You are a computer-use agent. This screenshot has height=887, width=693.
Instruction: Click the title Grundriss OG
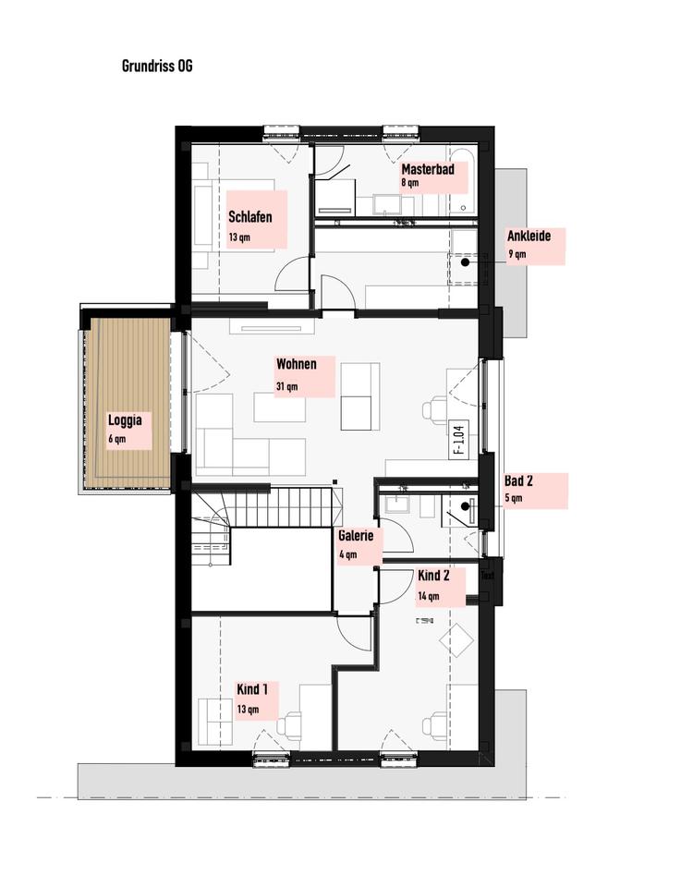tap(157, 67)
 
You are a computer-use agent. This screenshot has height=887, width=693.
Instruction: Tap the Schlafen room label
tap(250, 216)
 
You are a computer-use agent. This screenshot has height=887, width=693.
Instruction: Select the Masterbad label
tap(428, 169)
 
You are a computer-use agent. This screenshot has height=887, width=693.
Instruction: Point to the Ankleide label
tap(529, 236)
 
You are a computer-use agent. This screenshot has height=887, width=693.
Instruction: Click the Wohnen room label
tap(297, 364)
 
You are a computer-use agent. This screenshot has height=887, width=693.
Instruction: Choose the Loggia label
tap(125, 420)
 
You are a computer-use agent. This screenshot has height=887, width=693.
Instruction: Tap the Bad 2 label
tap(518, 481)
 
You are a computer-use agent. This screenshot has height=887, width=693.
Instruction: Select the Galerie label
tap(356, 535)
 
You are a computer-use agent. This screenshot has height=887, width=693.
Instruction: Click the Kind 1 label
tap(252, 689)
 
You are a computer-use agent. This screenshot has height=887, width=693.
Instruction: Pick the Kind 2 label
tap(434, 576)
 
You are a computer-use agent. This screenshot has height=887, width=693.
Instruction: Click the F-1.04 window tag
tap(458, 440)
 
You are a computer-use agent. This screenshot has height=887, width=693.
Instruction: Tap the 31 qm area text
tap(286, 387)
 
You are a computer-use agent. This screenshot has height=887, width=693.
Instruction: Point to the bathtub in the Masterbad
tap(465, 182)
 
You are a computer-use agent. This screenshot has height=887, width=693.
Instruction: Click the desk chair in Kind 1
tap(293, 723)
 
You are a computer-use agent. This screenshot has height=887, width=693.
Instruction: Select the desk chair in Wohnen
tap(435, 408)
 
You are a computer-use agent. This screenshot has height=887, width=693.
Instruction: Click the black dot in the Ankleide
tap(465, 262)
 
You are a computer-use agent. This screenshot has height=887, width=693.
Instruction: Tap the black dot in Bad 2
tap(465, 505)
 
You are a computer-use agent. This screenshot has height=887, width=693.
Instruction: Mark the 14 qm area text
tap(428, 596)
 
